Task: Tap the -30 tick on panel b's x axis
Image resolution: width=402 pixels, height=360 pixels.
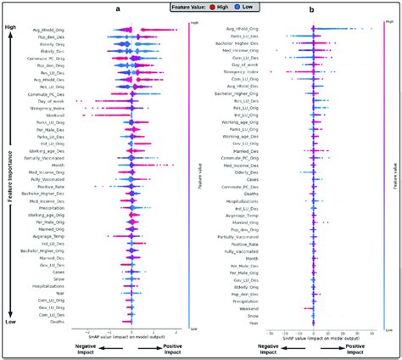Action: coord(271,333)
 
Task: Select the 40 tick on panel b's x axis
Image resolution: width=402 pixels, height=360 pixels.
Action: coord(372,333)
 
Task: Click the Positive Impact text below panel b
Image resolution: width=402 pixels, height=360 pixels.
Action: coord(355,350)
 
